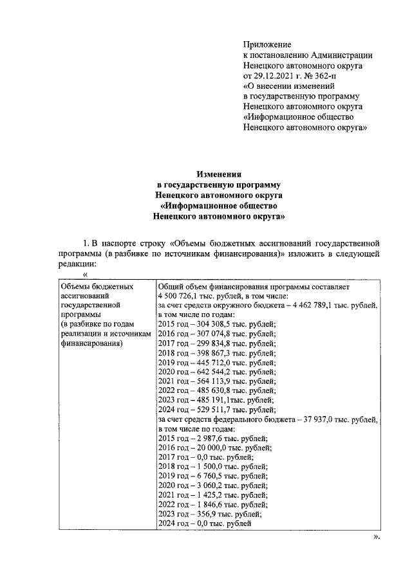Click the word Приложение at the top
(267, 44)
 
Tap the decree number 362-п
(328, 75)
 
